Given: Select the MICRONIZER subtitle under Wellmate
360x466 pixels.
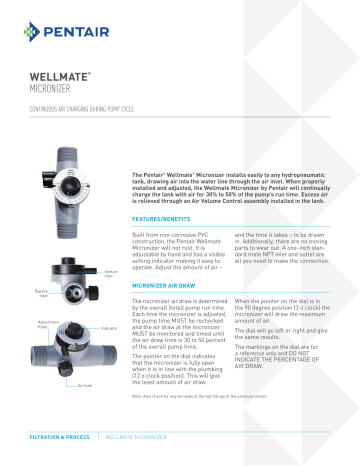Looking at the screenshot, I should [x=56, y=90].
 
